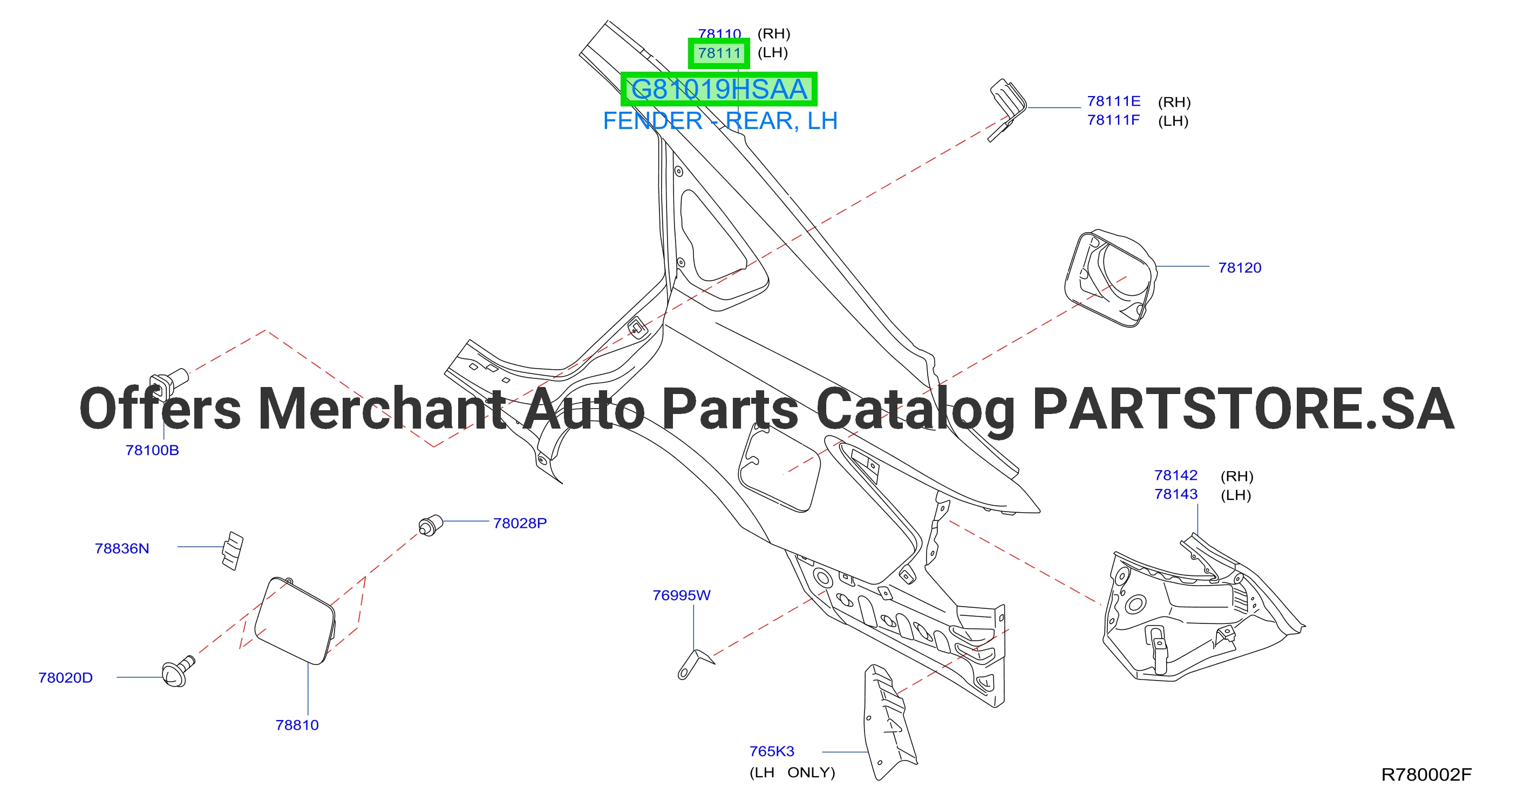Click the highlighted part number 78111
(x=719, y=53)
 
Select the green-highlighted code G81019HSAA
(x=719, y=89)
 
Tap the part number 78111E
(x=1114, y=101)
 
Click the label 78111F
(x=1113, y=120)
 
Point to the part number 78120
(x=1240, y=268)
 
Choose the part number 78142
(x=1175, y=475)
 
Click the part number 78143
(x=1175, y=494)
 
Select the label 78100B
(x=152, y=450)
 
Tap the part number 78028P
(x=520, y=524)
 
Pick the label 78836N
(x=122, y=548)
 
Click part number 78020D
(x=65, y=678)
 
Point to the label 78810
(x=297, y=725)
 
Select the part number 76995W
(x=682, y=595)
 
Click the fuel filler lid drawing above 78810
(x=295, y=620)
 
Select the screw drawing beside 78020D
(x=178, y=671)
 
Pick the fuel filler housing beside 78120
(x=1110, y=279)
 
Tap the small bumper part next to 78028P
(x=431, y=525)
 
